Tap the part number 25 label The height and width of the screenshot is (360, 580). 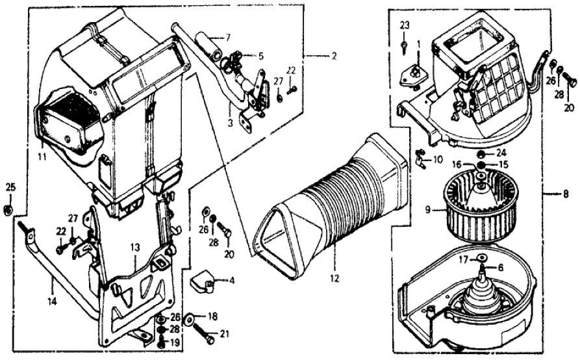click(10, 188)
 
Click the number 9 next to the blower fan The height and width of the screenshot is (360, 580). click(427, 209)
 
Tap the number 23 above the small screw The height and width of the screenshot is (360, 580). click(404, 25)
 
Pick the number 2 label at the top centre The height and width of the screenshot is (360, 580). click(334, 57)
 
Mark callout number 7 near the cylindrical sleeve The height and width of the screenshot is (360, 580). click(227, 36)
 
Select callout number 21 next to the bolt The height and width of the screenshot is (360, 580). click(225, 335)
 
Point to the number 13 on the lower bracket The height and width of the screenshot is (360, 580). click(134, 247)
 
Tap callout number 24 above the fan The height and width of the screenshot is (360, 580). click(501, 153)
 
